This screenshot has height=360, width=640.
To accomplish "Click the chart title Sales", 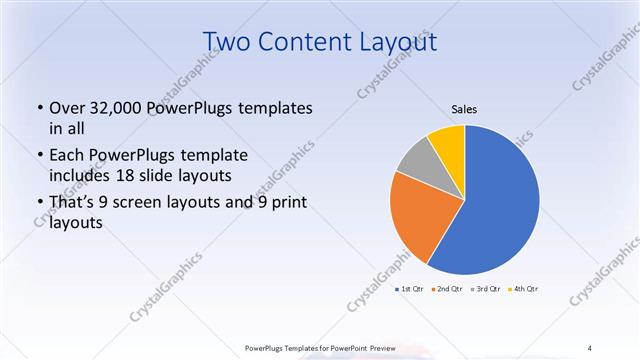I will [x=464, y=109].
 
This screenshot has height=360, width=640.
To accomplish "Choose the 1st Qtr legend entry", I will [x=409, y=288].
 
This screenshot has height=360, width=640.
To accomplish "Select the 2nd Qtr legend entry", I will [x=447, y=288].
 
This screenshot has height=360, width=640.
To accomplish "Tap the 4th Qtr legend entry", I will [x=524, y=288].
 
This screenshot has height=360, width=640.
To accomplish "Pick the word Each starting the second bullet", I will [x=66, y=154].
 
